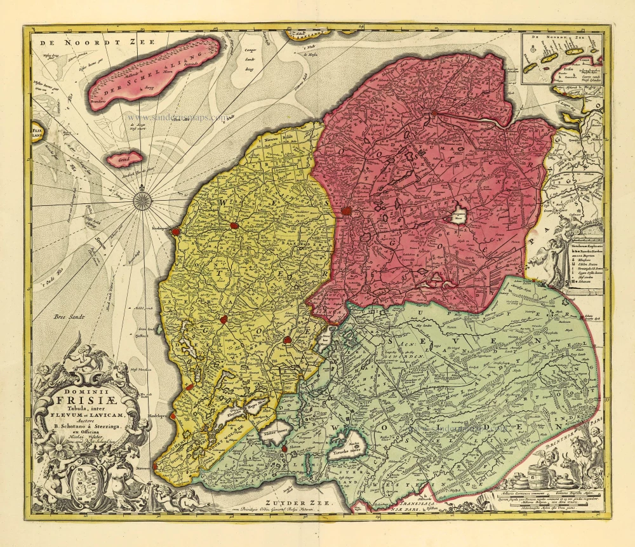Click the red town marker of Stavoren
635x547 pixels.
click(155, 466)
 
